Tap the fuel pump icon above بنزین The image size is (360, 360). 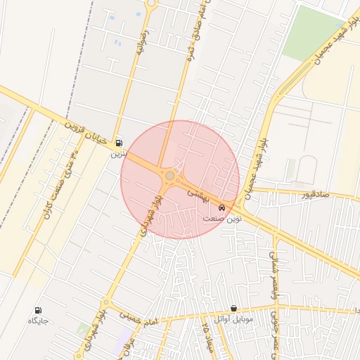117,142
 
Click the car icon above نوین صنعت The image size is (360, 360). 222,208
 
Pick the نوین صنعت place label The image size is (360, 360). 222,219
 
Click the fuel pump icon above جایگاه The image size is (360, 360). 37,310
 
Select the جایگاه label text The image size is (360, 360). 37,321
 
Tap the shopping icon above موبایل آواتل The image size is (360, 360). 233,308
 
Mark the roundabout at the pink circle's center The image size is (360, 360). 169,175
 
